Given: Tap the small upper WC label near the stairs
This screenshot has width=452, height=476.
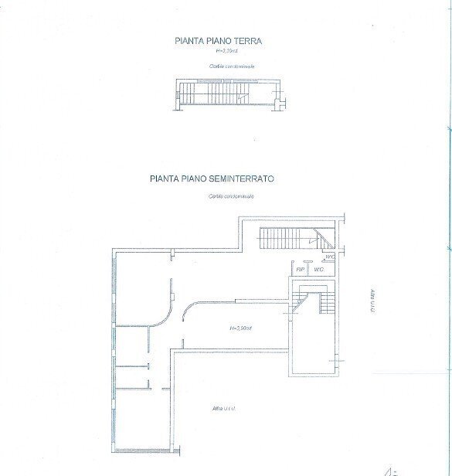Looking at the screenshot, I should point(328,257).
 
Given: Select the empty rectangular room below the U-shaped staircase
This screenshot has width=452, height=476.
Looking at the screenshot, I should point(313,348).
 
